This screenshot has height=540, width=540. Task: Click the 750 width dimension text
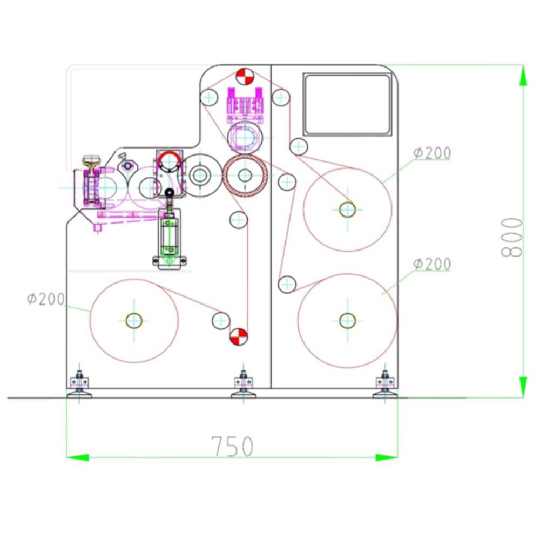[233, 446]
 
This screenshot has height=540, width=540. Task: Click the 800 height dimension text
[512, 238]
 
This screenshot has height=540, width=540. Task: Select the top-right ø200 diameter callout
[432, 153]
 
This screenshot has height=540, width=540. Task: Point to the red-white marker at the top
[244, 77]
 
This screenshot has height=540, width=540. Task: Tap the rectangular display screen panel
[347, 104]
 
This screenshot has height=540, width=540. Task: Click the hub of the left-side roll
[134, 321]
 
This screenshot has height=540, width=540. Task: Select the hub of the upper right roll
[347, 209]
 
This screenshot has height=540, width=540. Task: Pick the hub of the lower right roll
[347, 321]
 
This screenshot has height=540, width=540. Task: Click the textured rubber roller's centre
[245, 175]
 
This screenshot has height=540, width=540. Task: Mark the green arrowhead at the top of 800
[523, 76]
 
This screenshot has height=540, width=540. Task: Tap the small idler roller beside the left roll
[220, 320]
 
